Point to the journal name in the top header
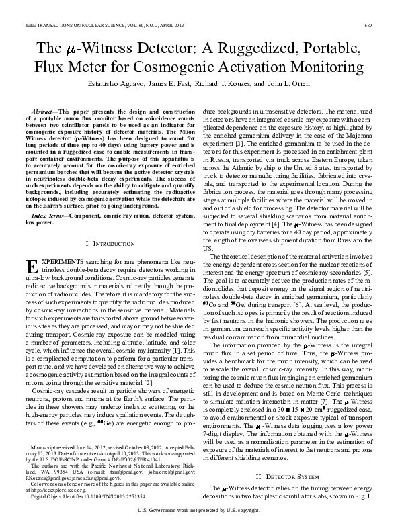75,25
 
